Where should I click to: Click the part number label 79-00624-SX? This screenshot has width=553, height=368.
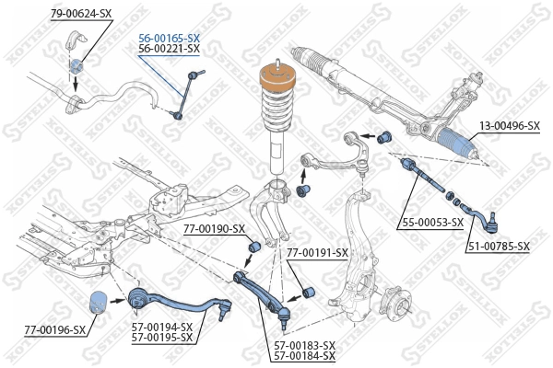click(81, 14)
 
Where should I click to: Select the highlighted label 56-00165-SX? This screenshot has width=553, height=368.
click(170, 39)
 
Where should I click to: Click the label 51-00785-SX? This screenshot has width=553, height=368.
click(499, 246)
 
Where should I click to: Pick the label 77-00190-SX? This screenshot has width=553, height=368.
click(214, 228)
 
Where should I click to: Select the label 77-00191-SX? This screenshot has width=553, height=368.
click(317, 252)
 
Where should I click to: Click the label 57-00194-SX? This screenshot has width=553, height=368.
click(162, 327)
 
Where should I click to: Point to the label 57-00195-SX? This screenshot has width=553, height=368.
click(162, 337)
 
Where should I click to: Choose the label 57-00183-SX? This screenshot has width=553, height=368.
click(304, 345)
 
